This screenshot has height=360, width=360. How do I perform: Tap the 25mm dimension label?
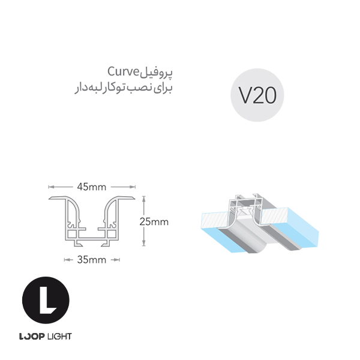click(154, 221)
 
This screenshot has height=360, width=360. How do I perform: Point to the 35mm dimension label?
click(91, 260)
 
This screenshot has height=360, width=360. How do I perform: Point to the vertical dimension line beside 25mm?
click(143, 221)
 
